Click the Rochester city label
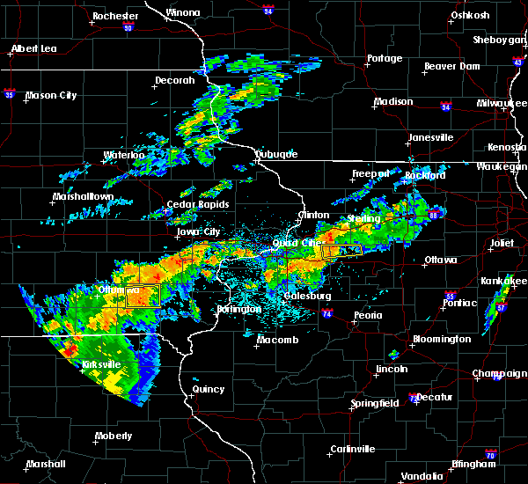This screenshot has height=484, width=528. tap(115, 16)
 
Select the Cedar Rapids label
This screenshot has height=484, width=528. tap(205, 204)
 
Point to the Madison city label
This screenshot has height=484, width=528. tap(393, 102)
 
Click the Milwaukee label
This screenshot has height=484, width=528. tap(502, 103)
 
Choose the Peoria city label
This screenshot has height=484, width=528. tap(368, 315)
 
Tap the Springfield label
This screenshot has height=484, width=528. tap(376, 403)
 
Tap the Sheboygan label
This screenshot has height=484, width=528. tap(500, 40)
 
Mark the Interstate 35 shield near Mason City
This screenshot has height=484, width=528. tap(10, 92)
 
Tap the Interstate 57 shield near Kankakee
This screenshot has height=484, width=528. tap(501, 308)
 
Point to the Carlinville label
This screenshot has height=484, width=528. tap(352, 449)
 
